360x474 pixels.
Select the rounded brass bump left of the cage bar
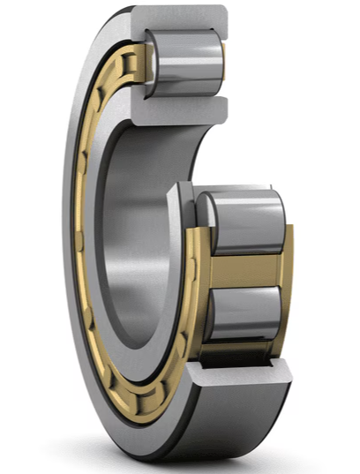pos(201,265)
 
